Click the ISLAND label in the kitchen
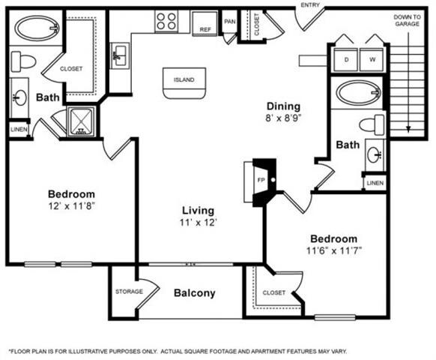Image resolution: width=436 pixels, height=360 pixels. point(184,80)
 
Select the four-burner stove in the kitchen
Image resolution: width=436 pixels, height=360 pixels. point(166,22)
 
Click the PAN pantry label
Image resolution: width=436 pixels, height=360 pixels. point(230,21)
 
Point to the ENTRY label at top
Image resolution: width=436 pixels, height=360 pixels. point(310,5)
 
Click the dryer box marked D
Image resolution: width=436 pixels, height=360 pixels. point(345,58)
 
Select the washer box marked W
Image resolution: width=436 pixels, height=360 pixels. point(371,58)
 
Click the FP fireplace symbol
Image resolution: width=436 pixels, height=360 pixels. point(260,181)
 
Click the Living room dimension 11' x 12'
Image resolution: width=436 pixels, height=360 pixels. point(198,223)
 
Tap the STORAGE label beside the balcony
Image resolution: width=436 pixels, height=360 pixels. point(129,291)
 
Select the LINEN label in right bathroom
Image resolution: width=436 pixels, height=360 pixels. point(375,182)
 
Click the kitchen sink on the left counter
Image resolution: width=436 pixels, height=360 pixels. point(120,55)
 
